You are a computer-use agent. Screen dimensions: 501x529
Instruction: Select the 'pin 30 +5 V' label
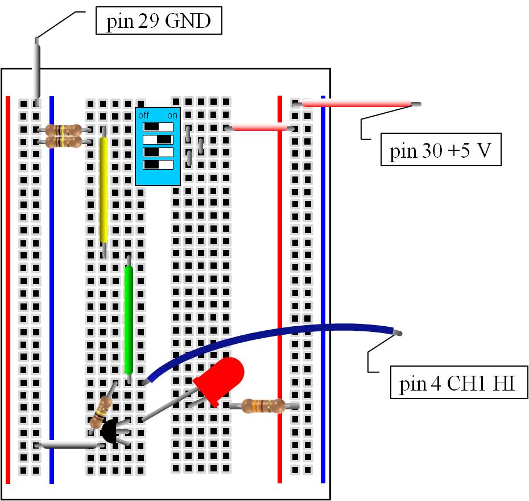click(x=440, y=151)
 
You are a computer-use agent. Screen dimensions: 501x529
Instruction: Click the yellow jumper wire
click(x=104, y=190)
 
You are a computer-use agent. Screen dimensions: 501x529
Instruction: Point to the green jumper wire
click(x=129, y=319)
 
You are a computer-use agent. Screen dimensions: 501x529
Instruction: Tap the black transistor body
click(x=110, y=432)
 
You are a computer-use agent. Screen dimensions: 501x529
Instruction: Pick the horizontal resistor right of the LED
click(x=263, y=406)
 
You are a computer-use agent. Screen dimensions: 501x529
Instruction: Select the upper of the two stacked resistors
click(x=63, y=130)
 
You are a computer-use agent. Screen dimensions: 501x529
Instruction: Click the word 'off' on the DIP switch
click(x=144, y=115)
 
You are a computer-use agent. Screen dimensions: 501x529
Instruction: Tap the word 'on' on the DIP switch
click(x=170, y=115)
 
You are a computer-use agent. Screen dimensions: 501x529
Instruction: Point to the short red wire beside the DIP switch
click(x=259, y=129)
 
